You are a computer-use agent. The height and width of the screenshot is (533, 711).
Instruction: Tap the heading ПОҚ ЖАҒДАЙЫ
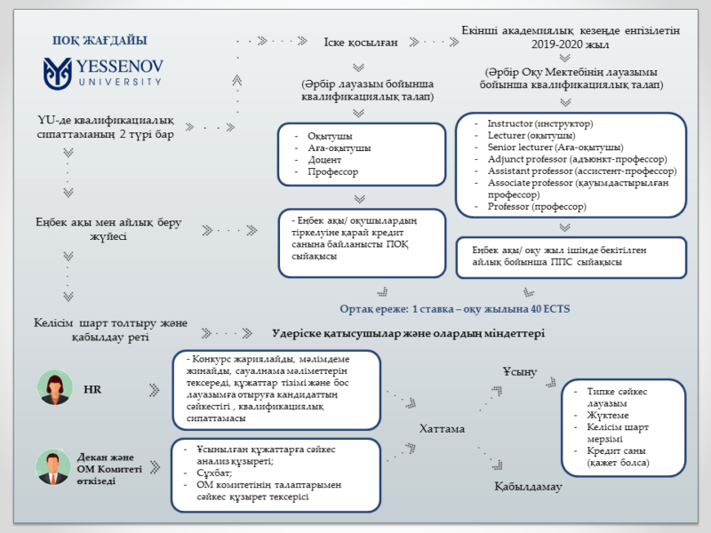[100, 41]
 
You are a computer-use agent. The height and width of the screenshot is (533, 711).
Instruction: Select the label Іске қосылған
[359, 41]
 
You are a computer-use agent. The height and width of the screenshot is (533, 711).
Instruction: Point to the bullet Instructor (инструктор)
[540, 123]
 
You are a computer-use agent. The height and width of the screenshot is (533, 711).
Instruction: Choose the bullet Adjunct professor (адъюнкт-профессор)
[568, 158]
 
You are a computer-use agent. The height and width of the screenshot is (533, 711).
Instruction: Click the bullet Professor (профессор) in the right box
[537, 206]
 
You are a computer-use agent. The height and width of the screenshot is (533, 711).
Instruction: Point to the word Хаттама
[442, 428]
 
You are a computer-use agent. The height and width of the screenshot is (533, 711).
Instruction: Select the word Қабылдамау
[529, 487]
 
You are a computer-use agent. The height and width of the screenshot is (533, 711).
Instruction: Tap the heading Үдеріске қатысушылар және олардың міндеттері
[407, 333]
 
